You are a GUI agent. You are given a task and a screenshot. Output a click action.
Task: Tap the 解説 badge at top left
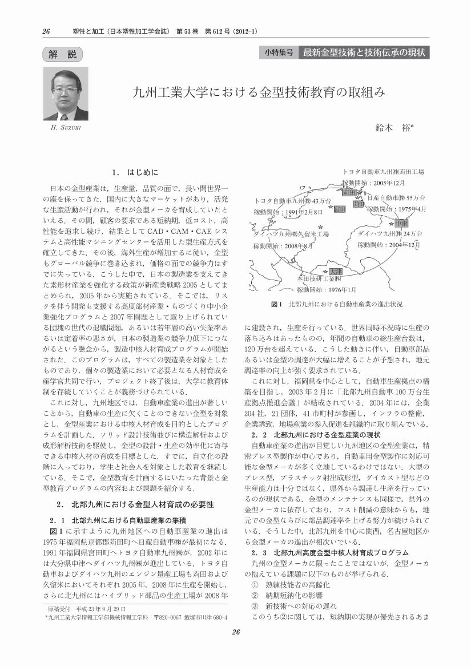point(63,55)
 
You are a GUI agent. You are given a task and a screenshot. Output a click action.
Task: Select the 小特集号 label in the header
point(279,52)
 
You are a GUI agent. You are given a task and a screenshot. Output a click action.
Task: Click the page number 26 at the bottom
point(236,647)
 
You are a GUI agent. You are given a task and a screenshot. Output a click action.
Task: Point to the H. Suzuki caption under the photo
point(66,127)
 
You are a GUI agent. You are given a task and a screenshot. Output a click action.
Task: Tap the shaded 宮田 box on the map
point(339,209)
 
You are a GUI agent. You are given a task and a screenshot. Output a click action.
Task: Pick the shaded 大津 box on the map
point(335,272)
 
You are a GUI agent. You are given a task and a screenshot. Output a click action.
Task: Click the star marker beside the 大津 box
point(325,272)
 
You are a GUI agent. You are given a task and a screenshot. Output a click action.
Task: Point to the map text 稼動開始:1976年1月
point(327,289)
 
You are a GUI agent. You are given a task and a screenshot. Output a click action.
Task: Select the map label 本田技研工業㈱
point(319,280)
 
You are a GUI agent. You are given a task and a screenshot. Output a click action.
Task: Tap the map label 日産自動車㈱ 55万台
point(396,198)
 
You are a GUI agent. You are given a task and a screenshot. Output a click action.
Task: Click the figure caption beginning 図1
point(337,305)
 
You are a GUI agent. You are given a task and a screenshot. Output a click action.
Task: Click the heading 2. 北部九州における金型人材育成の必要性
point(135,506)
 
